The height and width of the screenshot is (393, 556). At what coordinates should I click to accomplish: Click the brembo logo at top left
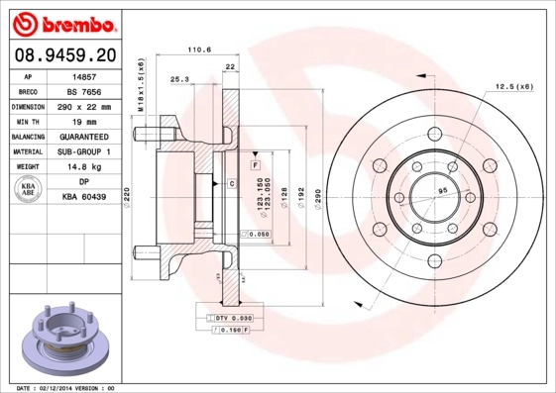click(62, 22)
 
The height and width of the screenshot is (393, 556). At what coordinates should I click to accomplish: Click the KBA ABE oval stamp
click(29, 190)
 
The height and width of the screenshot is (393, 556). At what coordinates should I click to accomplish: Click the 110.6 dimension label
click(200, 49)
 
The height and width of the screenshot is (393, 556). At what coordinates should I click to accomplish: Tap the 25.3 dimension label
click(179, 78)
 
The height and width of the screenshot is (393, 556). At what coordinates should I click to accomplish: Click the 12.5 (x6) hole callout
click(512, 87)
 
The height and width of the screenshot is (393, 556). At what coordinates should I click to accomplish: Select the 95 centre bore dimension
click(443, 189)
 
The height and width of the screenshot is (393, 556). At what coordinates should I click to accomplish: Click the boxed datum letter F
click(256, 162)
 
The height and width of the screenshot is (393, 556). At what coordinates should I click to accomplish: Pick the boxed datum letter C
click(231, 184)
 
